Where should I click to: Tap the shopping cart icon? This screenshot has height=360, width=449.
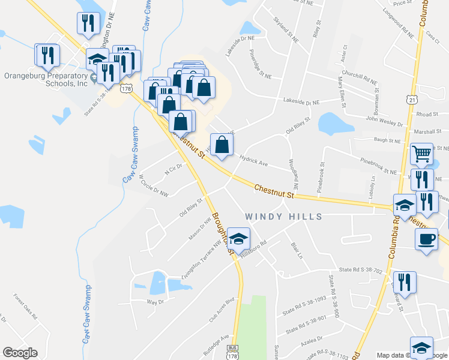click(422, 154)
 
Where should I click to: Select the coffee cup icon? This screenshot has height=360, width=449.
click(426, 239)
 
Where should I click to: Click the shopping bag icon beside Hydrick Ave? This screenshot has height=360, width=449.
click(222, 145)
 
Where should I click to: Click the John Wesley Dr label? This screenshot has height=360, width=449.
click(390, 124)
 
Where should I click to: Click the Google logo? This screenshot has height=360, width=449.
click(20, 353)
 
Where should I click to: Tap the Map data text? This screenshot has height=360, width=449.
click(390, 355)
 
